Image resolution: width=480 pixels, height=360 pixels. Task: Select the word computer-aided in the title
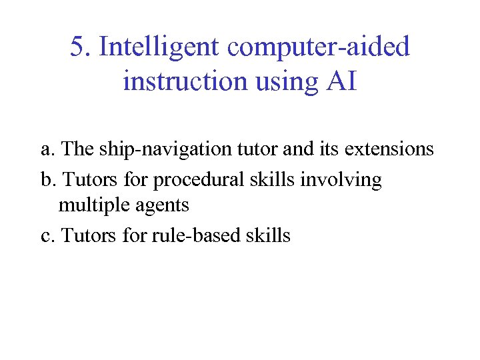319,48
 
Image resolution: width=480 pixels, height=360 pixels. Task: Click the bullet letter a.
45,149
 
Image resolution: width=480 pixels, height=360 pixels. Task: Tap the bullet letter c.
45,235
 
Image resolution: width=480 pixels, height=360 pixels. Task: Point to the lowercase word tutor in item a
257,149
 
